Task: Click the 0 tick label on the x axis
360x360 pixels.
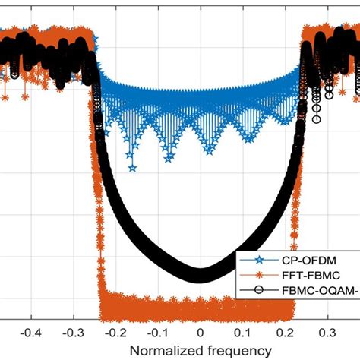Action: point(200,333)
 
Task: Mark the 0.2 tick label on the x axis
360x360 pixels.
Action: point(285,333)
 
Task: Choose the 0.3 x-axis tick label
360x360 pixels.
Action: point(327,333)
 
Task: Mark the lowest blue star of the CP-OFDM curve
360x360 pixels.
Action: point(131,169)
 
